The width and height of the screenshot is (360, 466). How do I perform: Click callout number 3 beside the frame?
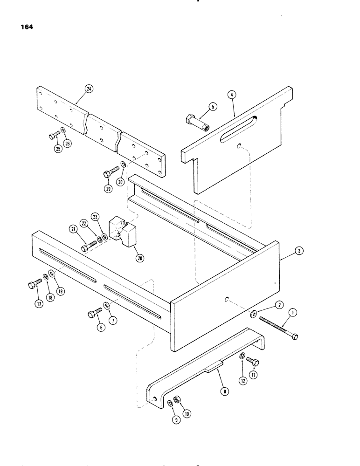tap(297, 253)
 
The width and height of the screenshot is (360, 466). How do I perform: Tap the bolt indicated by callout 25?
tap(52, 137)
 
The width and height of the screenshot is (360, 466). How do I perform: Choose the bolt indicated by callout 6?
tap(92, 315)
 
